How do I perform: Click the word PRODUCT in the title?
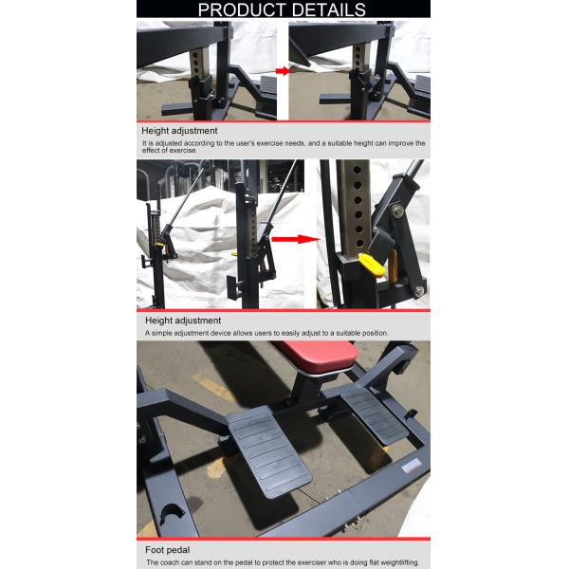click(241, 9)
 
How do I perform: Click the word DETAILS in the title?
click(327, 9)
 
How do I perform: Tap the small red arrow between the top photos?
click(282, 71)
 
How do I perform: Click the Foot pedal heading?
click(167, 548)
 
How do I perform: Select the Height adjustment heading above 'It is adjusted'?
click(179, 130)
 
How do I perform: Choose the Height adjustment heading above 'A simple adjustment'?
click(183, 321)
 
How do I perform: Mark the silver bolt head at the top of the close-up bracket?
click(397, 211)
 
